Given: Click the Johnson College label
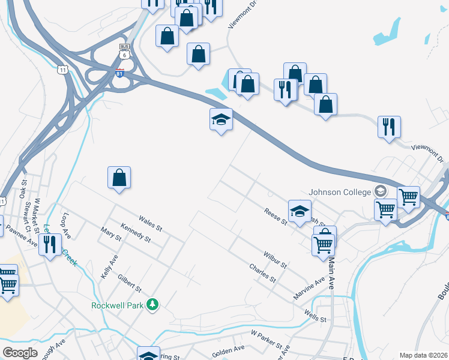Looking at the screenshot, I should click(x=339, y=193).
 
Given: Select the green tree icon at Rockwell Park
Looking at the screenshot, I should click(x=153, y=305).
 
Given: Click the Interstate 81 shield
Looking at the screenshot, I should click(x=120, y=73).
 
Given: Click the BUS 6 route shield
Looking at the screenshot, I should click(x=124, y=50).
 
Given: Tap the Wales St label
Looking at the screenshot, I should click(x=150, y=224).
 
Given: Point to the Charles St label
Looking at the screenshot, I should click(x=262, y=274).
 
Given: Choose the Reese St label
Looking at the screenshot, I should click(x=276, y=217).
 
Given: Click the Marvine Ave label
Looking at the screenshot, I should click(x=309, y=289).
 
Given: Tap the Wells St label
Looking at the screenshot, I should click(x=315, y=316).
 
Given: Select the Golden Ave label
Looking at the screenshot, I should click(x=228, y=348).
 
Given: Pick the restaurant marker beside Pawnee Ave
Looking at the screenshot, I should click(x=50, y=244).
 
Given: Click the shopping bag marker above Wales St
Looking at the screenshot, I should click(x=119, y=178).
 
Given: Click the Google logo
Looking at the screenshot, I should click(x=20, y=352).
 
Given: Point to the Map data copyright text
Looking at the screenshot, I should click(x=423, y=355).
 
